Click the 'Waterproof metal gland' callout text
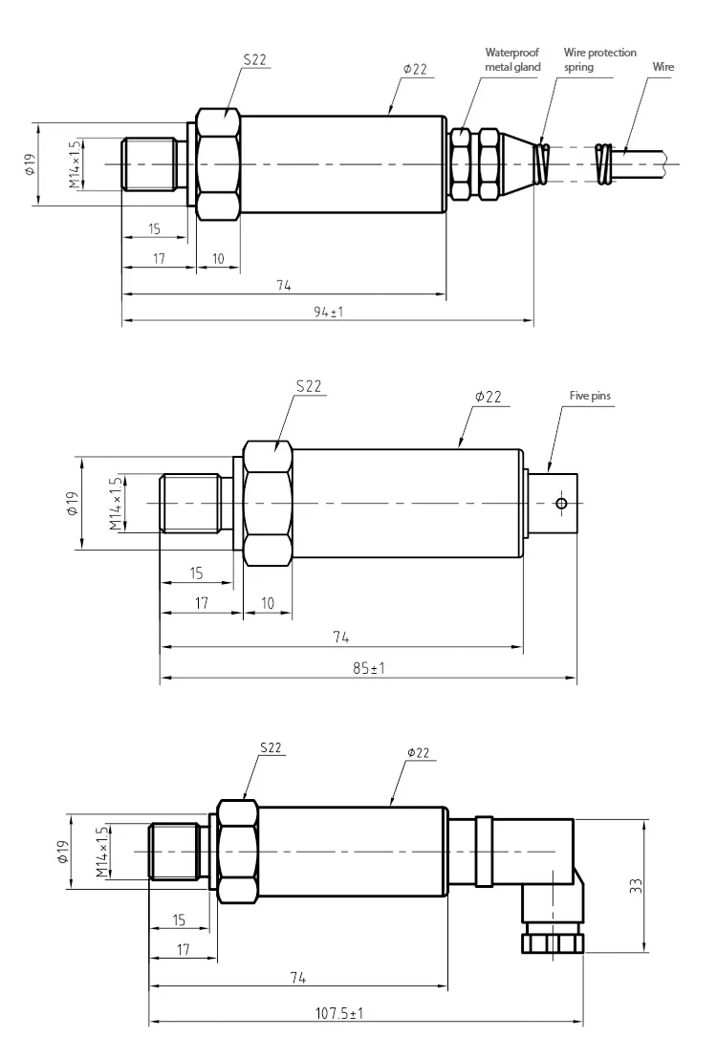point(512,59)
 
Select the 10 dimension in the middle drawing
point(268,603)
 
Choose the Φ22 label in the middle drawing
point(489,395)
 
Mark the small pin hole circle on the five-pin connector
point(560,504)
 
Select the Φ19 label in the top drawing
point(30,164)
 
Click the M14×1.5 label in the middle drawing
point(116,504)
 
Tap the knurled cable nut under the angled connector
point(552,942)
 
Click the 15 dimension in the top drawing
point(154,229)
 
